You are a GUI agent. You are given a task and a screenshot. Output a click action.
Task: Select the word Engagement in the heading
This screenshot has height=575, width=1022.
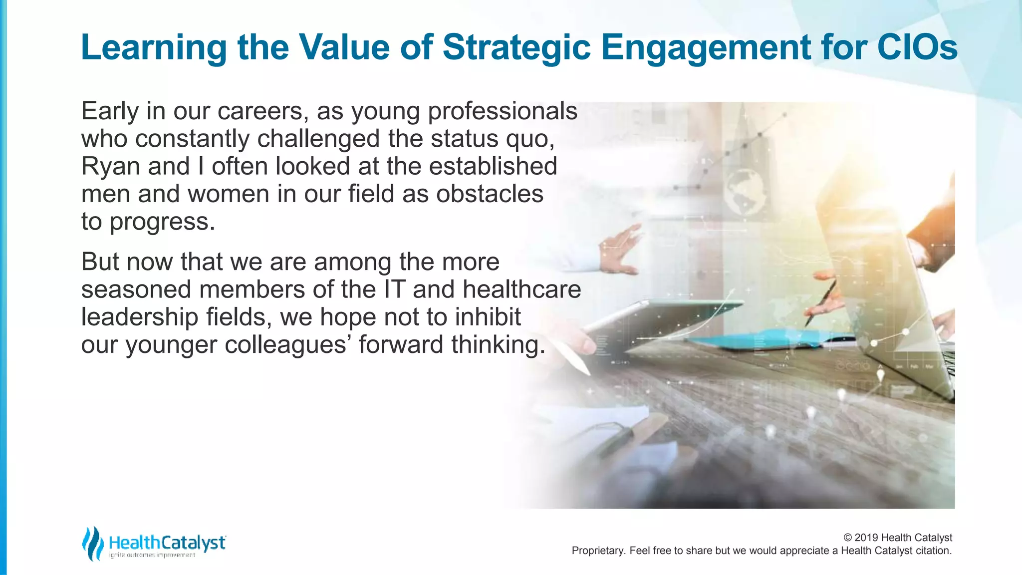[x=706, y=48]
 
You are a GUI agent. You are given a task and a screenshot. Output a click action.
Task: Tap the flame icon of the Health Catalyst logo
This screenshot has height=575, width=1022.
[x=92, y=543]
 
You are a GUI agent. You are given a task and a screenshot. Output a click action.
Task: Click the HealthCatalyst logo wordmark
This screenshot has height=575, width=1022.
[x=167, y=543]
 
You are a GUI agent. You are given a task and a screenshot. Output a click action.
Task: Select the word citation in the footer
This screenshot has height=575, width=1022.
[x=933, y=551]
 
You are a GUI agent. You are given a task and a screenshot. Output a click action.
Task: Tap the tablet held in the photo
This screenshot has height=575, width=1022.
[x=659, y=319]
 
